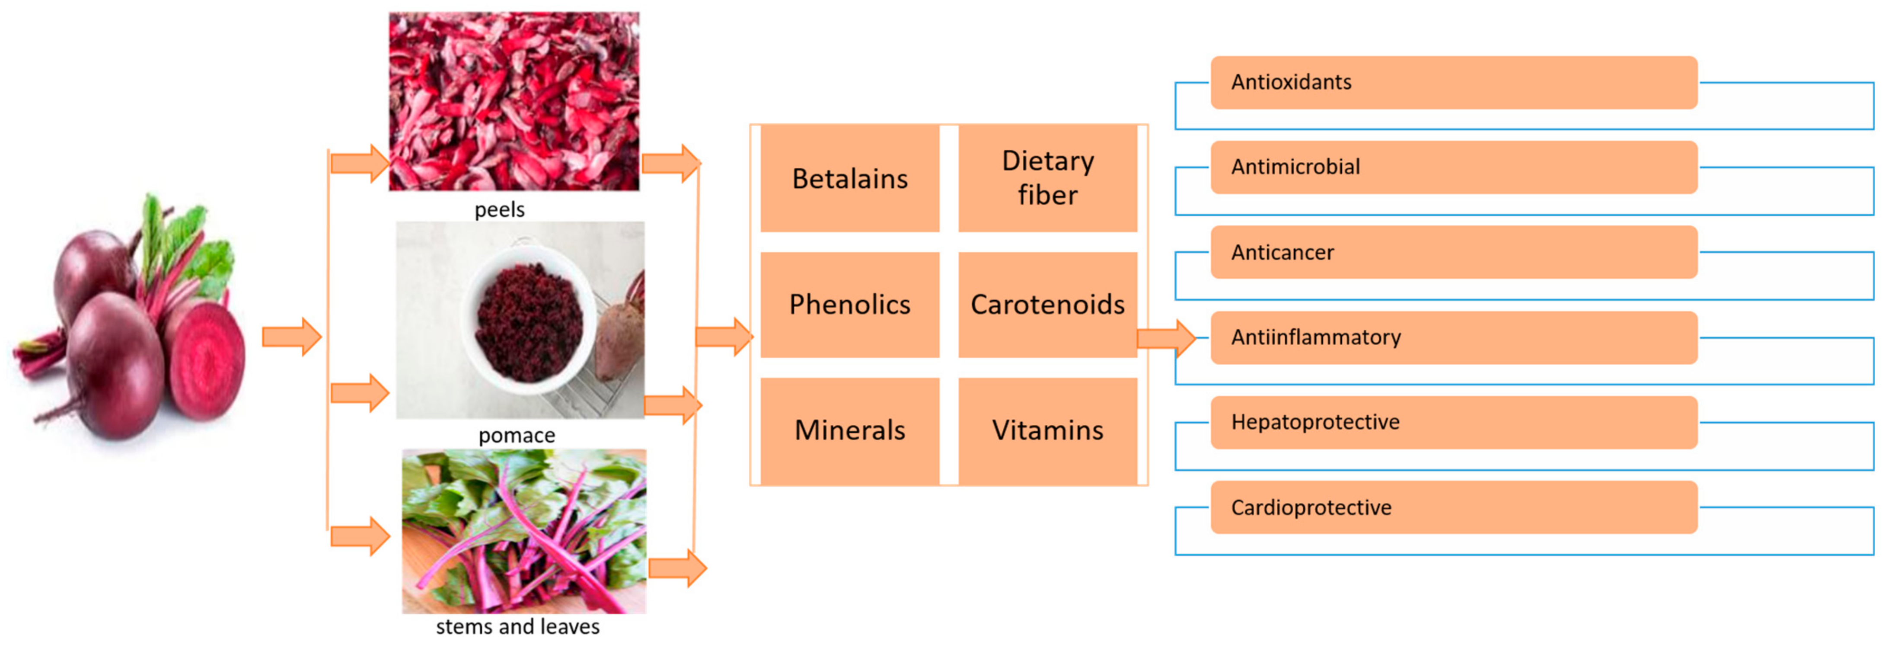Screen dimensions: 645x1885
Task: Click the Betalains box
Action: pyautogui.click(x=849, y=179)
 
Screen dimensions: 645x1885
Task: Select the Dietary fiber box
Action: pyautogui.click(x=1047, y=179)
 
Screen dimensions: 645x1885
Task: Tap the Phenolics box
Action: pyautogui.click(x=849, y=305)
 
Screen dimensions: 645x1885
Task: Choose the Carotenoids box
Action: pyautogui.click(x=1047, y=305)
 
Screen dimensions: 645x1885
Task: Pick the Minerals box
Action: pyautogui.click(x=849, y=430)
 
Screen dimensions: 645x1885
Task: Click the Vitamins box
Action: pyautogui.click(x=1047, y=430)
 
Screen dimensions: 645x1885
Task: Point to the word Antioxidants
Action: pyautogui.click(x=1291, y=82)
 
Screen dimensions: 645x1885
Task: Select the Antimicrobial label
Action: pyautogui.click(x=1295, y=167)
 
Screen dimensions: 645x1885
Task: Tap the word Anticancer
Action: pyautogui.click(x=1282, y=253)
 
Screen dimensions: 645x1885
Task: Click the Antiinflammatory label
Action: pyautogui.click(x=1316, y=337)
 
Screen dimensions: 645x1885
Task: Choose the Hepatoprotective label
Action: pyautogui.click(x=1315, y=423)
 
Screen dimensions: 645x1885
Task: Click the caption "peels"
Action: pyautogui.click(x=499, y=210)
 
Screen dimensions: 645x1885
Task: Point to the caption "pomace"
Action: pyautogui.click(x=517, y=436)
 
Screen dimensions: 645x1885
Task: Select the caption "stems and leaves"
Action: pyautogui.click(x=517, y=627)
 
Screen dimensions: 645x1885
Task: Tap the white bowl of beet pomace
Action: pyautogui.click(x=528, y=320)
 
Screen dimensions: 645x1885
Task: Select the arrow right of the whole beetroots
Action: pyautogui.click(x=291, y=337)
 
